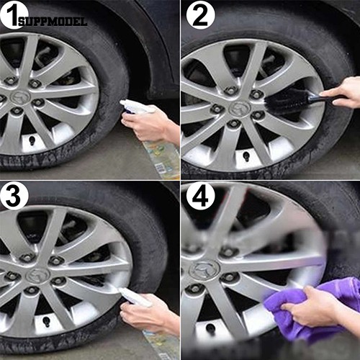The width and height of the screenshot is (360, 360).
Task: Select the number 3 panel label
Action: [14, 196]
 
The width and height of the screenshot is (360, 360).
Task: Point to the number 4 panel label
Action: [200, 196]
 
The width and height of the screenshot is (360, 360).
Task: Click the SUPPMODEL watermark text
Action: [53, 22]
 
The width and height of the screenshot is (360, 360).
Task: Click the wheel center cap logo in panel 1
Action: [20, 98]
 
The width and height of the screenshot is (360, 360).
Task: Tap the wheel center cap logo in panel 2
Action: [240, 109]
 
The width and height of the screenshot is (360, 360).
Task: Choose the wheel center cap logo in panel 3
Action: [37, 275]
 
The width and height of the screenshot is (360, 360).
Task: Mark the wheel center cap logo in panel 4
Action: [204, 270]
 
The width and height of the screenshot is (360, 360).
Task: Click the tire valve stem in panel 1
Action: [32, 140]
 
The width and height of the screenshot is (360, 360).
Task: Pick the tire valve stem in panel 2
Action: [246, 156]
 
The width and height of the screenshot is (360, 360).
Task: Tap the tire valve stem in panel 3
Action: [46, 321]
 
